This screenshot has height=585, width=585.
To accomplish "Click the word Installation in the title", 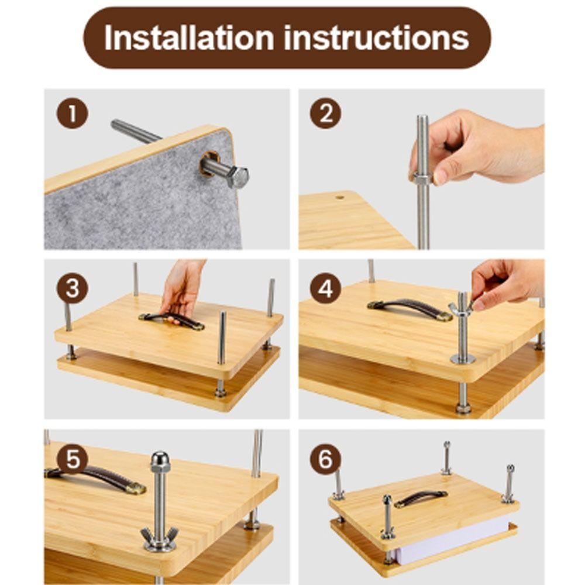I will [189, 38].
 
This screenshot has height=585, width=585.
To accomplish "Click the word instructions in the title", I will [376, 38].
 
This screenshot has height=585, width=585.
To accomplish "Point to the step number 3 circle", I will [72, 288].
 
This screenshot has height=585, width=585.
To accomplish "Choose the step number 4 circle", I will [325, 288].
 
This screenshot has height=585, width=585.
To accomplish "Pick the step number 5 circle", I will [72, 459].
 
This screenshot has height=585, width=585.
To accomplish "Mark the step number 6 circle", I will [325, 459].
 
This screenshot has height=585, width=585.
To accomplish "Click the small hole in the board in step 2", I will [339, 198].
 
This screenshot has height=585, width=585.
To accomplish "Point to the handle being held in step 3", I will [173, 319].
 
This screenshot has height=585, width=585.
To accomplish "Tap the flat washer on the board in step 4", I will [463, 357].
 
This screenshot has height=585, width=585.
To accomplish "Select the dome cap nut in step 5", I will [160, 462].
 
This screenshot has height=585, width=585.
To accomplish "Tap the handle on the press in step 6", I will [421, 498].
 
